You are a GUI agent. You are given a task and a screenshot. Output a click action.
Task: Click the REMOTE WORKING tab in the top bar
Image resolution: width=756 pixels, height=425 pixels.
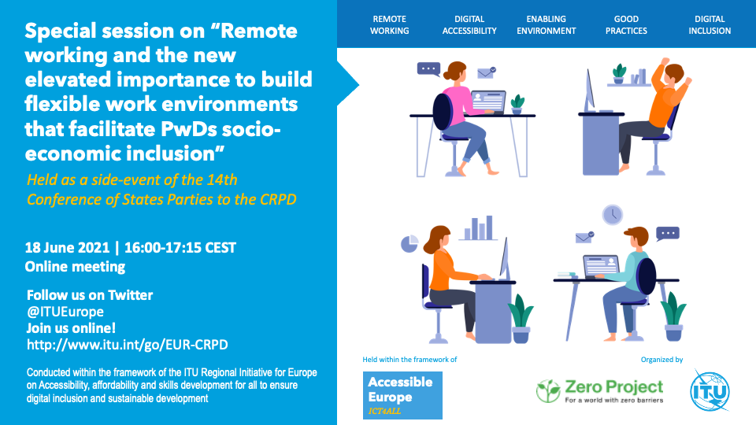click(x=389, y=25)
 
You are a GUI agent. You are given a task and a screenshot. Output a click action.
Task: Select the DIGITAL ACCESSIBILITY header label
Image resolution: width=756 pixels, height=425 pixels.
click(x=469, y=25)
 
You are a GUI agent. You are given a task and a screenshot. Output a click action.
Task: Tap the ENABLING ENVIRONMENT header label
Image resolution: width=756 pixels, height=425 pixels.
click(x=547, y=25)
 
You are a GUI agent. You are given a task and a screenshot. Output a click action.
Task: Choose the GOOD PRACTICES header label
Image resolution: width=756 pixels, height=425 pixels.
click(x=626, y=25)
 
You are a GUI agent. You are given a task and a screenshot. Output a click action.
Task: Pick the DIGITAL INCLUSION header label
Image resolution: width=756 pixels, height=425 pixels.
click(x=710, y=25)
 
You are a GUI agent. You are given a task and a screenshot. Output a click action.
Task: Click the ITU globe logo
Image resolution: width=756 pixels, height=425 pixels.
click(x=710, y=391)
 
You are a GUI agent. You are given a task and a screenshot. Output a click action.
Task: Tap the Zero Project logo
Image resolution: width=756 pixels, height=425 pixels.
click(x=600, y=391)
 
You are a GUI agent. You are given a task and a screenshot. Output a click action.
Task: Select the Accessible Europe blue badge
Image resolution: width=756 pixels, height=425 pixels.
click(x=402, y=395)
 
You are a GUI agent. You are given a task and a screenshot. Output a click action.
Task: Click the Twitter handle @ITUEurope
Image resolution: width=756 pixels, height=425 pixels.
click(x=65, y=312)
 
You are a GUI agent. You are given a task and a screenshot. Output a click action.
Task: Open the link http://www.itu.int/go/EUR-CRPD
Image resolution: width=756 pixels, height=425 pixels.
click(x=128, y=345)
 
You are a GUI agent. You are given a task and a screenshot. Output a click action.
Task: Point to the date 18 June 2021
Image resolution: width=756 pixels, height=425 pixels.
click(x=68, y=248)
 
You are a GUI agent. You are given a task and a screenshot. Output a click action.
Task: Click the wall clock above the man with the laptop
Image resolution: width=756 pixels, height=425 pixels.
click(x=613, y=214)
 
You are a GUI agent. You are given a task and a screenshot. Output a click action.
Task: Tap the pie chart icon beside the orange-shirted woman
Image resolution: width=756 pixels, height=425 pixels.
click(x=409, y=243)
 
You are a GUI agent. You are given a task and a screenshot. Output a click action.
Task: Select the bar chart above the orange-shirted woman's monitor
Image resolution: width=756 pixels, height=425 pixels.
click(x=478, y=227)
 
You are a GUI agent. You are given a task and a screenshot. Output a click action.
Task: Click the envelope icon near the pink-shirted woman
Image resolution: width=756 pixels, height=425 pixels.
click(x=486, y=72)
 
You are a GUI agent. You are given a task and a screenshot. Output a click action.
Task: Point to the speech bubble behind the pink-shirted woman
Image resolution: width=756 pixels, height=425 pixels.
click(x=428, y=69)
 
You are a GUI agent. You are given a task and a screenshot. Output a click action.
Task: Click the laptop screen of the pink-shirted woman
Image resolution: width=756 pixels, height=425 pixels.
click(x=488, y=102)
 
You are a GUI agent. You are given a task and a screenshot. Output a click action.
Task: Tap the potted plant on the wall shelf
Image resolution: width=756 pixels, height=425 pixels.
click(x=619, y=74)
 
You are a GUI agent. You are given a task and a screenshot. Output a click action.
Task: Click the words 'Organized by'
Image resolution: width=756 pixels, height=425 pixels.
click(x=661, y=360)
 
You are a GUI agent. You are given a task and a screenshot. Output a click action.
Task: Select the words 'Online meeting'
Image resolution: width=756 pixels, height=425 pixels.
click(x=75, y=267)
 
